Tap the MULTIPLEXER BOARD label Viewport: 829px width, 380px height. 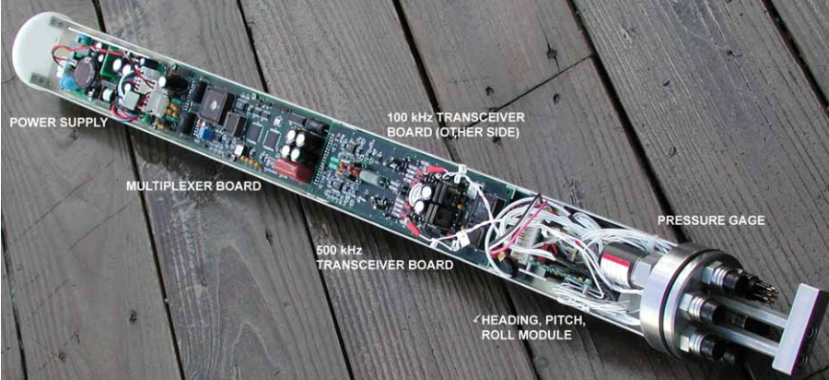(x=193, y=185)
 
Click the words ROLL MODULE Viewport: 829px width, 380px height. (x=526, y=334)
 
